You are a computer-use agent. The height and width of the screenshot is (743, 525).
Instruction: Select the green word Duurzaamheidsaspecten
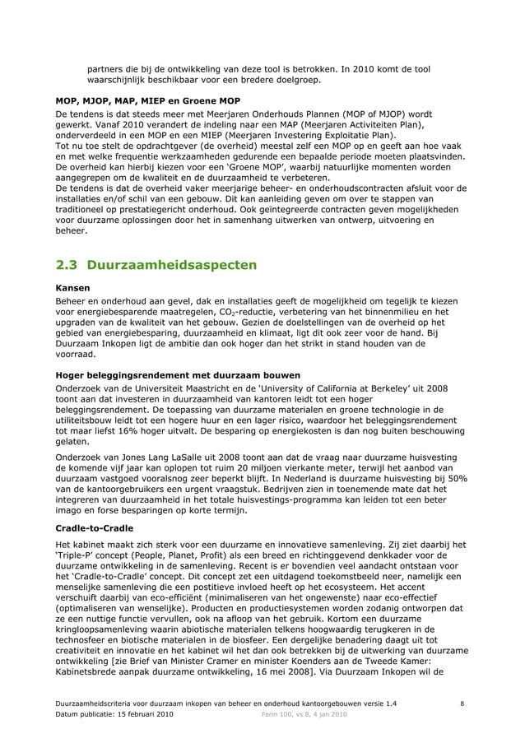pyautogui.click(x=172, y=265)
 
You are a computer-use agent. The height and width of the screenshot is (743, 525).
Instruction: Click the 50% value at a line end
pyautogui.click(x=458, y=478)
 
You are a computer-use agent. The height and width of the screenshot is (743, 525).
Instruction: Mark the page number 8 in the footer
pyautogui.click(x=462, y=704)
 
